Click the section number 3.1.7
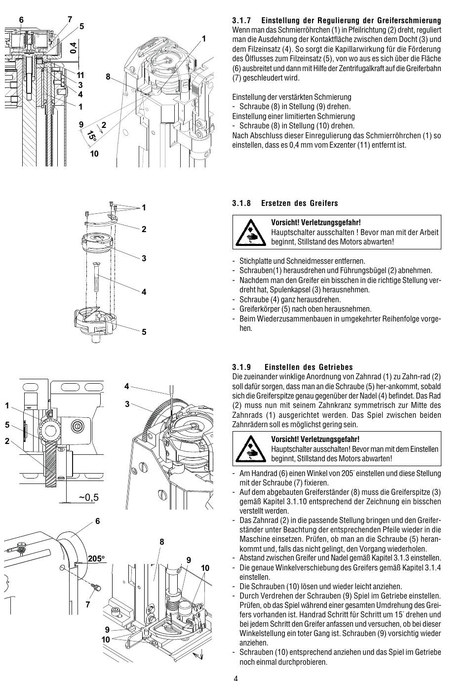[x=242, y=21]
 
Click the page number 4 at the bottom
[x=235, y=677]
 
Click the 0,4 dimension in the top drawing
[x=74, y=48]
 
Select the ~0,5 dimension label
[x=88, y=497]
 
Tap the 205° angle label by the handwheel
[x=97, y=559]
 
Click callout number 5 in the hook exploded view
[x=144, y=332]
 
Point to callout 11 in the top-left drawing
[x=80, y=75]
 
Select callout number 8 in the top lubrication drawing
[x=108, y=77]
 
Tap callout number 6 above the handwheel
[x=97, y=521]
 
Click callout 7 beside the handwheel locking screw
[x=87, y=604]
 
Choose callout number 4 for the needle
[x=127, y=386]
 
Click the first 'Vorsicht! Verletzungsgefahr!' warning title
[x=315, y=223]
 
